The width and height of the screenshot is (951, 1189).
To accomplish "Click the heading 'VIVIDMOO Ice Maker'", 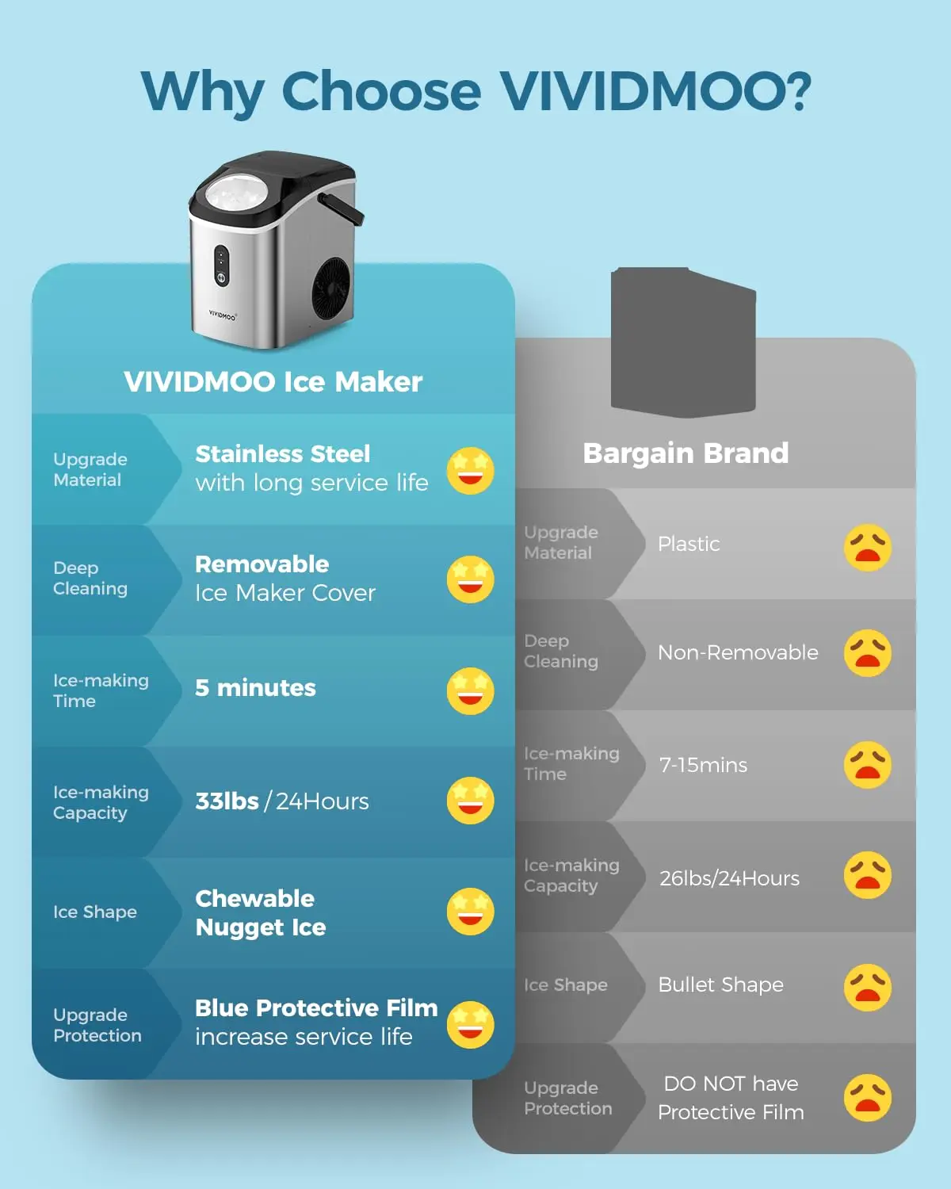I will tap(273, 382).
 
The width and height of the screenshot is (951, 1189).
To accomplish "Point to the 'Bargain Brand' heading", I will tap(686, 453).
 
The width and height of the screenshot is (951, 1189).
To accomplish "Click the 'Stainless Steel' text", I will tap(283, 454).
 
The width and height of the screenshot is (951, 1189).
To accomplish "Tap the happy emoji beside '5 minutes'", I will tap(470, 690).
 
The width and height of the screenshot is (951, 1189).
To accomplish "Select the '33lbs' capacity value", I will tap(227, 801).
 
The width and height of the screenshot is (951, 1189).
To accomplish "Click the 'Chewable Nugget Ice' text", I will tap(260, 912).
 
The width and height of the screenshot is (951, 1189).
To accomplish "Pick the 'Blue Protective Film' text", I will tap(316, 1008).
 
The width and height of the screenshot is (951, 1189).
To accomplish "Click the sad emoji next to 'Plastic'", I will tap(868, 548).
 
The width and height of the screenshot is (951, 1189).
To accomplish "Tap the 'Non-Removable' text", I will tap(738, 653).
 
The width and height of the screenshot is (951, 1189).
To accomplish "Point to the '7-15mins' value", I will tap(703, 766).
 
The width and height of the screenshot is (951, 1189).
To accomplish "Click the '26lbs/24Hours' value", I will tap(729, 878).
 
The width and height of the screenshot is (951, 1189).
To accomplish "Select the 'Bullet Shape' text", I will tap(720, 985).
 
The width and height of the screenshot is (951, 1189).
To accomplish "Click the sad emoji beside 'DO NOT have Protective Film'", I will tap(868, 1098).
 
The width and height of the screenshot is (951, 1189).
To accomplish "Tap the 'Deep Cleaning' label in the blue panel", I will tap(90, 579).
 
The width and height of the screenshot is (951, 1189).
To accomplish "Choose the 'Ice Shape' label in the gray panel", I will tap(565, 985).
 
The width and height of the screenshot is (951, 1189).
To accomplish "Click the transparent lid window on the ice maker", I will tap(237, 193).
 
